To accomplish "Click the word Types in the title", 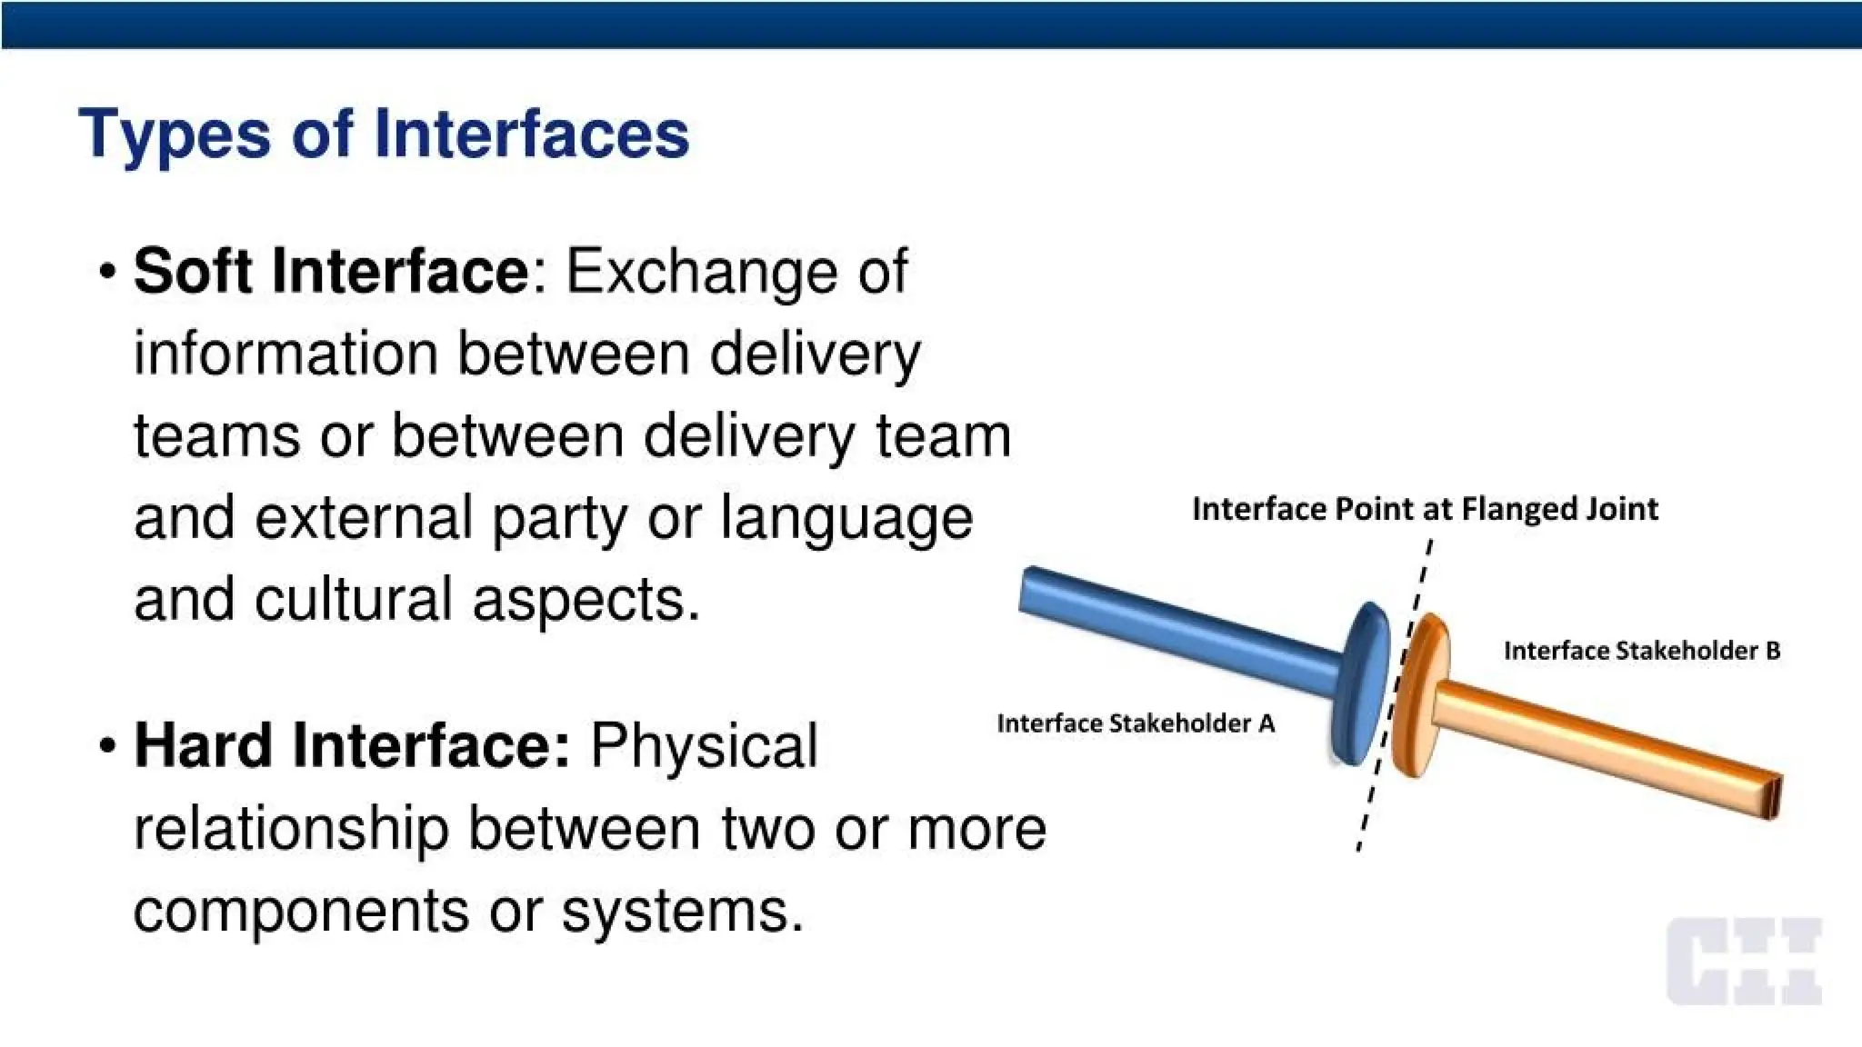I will click(174, 135).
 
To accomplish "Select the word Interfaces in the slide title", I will click(531, 135).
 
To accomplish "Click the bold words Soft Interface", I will click(331, 271).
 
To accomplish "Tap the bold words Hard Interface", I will click(351, 745).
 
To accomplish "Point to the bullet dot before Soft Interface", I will click(108, 273).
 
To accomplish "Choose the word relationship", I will click(291, 829).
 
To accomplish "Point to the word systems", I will click(682, 912).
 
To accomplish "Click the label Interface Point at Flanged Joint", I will click(1424, 509).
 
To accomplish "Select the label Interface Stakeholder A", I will click(1135, 723).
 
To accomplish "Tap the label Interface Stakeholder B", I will click(1641, 651).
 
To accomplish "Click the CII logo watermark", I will click(1744, 962).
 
